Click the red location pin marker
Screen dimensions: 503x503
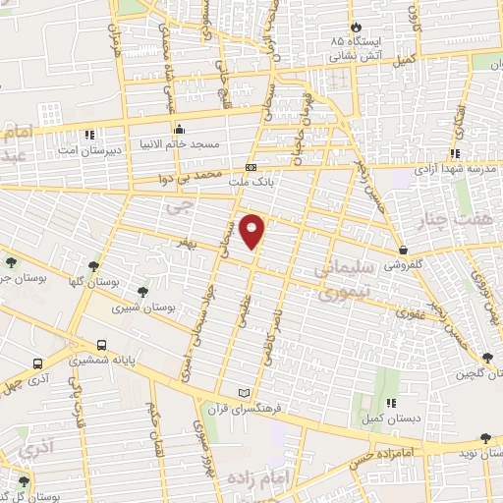pos(252,230)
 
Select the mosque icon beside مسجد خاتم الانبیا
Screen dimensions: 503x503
pos(179,130)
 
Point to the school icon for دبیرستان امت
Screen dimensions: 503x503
pos(89,134)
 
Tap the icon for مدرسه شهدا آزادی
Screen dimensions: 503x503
pos(454,153)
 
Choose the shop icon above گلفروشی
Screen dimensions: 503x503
pos(405,249)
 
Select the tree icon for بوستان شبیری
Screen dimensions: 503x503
pos(143,292)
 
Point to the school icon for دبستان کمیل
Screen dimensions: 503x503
pos(392,402)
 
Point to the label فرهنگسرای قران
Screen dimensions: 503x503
pos(246,408)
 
